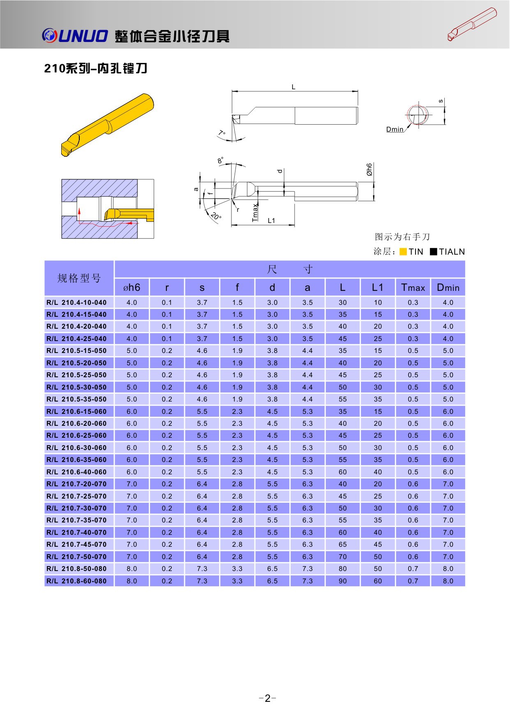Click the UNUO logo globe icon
pos(49,35)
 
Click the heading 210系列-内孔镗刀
pos(95,68)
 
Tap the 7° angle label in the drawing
pos(222,133)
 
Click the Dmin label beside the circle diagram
pos(395,129)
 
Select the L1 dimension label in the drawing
pos(271,221)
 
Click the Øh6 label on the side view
pos(369,169)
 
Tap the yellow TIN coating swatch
pos(403,252)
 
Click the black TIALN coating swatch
pos(433,252)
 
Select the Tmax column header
pos(413,288)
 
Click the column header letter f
pos(237,287)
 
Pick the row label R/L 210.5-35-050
pos(76,399)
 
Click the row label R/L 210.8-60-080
pos(76,581)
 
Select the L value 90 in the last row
pos(343,581)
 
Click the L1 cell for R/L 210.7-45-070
pos(378,544)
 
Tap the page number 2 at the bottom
pos(268,699)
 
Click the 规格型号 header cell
pos(79,278)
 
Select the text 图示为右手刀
pos(402,237)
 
